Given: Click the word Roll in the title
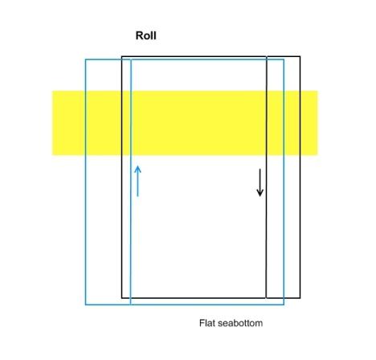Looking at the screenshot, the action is pos(145,35).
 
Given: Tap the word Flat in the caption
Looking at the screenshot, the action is pos(207,323).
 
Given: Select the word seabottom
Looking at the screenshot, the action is pos(240,323).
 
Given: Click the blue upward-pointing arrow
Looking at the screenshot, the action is pos(137,181).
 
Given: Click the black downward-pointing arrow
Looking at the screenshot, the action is pos(260,182).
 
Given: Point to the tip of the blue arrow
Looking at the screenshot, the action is pos(137,166).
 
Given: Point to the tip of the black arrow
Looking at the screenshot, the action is pos(260,196).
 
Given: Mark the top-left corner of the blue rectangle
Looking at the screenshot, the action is pos(86,59).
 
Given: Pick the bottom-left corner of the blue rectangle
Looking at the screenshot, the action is pos(86,305).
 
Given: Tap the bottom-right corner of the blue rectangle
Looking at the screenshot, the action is pos(284,305).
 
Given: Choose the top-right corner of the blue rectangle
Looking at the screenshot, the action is pos(284,59).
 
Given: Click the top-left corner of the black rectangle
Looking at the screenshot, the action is pos(122,56).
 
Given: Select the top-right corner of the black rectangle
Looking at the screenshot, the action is pos(300,56).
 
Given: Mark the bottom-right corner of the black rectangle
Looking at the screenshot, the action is pos(300,298).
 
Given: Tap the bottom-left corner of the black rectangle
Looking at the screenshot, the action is pos(122,298).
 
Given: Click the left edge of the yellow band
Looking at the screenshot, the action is pos(52,123).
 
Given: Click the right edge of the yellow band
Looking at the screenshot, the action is pos(317,123).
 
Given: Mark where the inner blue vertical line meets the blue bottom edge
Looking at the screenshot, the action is pos(130,305).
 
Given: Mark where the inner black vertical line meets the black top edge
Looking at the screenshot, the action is pos(267,56).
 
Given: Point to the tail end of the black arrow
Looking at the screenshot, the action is pos(260,169).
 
